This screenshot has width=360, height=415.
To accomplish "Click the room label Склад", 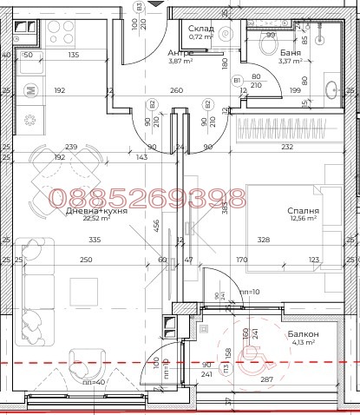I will click(201, 29).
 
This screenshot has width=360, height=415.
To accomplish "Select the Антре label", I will click(180, 52).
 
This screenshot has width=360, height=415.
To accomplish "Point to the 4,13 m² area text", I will click(303, 344).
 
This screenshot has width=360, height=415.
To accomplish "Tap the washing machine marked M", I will click(29, 89).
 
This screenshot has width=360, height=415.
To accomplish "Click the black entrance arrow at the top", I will click(154, 3).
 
